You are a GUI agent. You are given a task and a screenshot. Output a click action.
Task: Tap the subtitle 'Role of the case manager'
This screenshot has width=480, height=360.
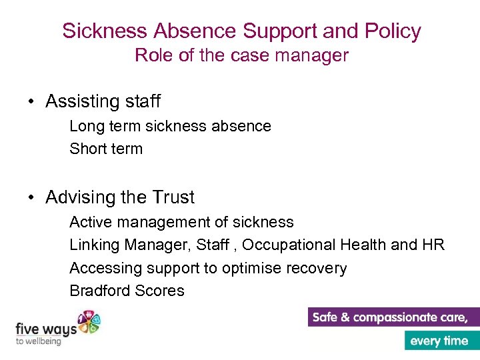pos(241,55)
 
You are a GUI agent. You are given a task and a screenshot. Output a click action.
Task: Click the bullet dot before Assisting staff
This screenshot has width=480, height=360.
pos(31,102)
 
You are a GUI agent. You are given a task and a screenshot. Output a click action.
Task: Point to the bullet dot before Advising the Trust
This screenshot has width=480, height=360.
pos(31,198)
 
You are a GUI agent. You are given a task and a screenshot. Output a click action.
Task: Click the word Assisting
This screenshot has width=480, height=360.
pos(81,101)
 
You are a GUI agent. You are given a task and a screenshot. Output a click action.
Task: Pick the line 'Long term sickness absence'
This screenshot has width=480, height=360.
pos(170,126)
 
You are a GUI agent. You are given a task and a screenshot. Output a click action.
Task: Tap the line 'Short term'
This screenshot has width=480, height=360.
pos(106,149)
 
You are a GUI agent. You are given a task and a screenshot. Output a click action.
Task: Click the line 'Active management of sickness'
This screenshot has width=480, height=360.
pos(181,222)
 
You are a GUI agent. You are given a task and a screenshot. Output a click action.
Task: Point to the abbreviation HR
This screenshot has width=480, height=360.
pos(433,245)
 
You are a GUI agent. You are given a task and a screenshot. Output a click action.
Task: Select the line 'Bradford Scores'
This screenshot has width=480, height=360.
pos(127,291)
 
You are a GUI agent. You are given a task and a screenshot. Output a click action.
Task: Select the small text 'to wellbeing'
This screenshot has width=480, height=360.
pos(38,341)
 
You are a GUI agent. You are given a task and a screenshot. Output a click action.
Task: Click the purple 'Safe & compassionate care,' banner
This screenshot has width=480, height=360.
pos(393,317)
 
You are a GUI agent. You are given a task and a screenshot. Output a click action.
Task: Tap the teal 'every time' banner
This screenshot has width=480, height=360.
pos(441,341)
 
